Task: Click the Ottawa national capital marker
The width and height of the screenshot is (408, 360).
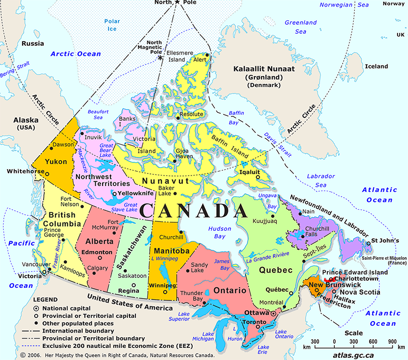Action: pos(273,314)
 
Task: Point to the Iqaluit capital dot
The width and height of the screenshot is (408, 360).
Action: pos(257,177)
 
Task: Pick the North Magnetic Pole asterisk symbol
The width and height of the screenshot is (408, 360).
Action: pos(160,58)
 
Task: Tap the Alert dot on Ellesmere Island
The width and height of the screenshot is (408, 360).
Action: pos(207,54)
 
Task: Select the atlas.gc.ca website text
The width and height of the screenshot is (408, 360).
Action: pos(355,355)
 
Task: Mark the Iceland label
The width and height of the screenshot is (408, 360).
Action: pos(376,66)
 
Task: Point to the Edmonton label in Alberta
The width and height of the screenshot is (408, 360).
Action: pos(98,252)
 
